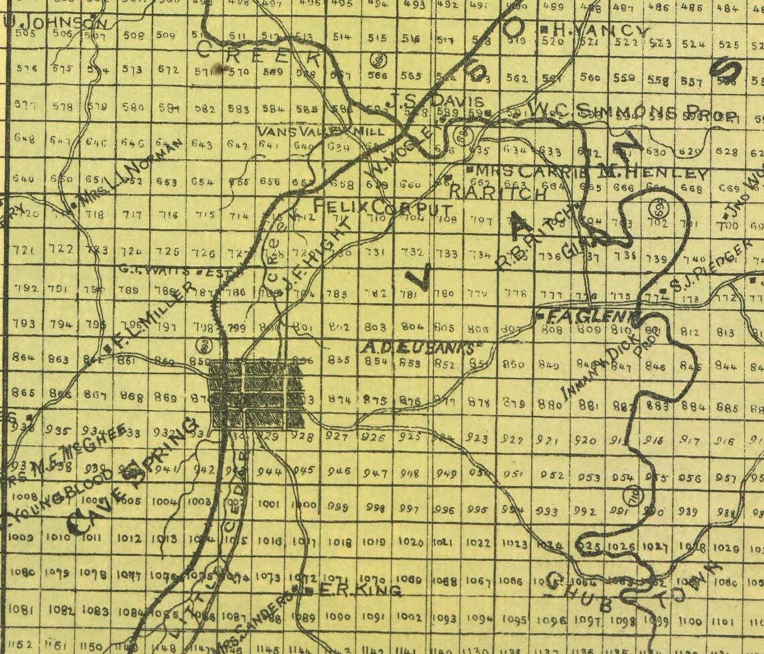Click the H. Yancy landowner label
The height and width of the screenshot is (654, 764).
tap(600, 30)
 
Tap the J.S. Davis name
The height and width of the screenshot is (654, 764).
tap(434, 102)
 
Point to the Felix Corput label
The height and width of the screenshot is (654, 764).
tap(383, 206)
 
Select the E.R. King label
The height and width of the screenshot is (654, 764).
tap(358, 590)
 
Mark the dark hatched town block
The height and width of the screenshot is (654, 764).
tap(257, 394)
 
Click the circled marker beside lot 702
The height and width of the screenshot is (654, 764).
tap(657, 206)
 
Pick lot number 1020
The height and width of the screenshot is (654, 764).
tap(411, 541)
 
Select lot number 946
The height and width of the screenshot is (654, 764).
tap(339, 470)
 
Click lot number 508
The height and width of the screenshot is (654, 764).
tap(134, 36)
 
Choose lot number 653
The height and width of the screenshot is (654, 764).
tap(167, 181)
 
